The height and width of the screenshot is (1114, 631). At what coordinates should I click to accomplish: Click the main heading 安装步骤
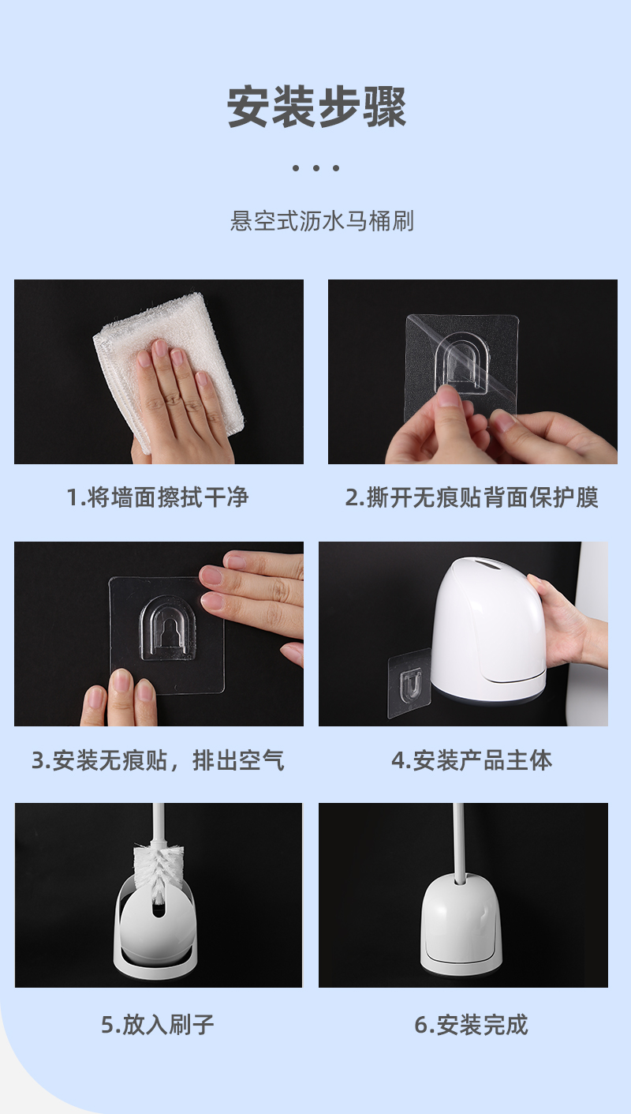point(316,107)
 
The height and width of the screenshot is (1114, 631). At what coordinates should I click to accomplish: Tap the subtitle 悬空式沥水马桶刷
point(322,221)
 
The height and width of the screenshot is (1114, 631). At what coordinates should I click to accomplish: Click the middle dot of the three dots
point(316,168)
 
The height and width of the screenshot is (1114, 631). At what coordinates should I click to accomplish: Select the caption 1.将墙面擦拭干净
point(158,497)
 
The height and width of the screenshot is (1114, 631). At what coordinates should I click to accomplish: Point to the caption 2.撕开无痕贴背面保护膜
point(472,497)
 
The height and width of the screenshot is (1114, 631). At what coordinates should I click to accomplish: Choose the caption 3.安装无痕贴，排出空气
point(158,760)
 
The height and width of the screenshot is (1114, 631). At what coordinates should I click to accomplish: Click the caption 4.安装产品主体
point(472,760)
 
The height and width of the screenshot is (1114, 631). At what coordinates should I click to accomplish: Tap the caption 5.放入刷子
point(158,1025)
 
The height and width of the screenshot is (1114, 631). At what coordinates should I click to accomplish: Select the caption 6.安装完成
point(471,1025)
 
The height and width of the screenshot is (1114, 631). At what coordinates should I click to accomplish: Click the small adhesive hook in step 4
point(409,683)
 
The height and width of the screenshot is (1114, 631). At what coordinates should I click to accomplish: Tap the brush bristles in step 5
point(155,872)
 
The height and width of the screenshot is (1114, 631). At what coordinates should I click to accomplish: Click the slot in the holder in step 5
point(159,909)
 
